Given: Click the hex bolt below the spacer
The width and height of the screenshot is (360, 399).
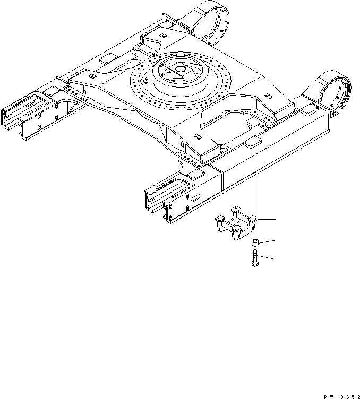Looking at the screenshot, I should click(254, 260).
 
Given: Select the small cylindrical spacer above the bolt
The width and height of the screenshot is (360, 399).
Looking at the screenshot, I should click(254, 243).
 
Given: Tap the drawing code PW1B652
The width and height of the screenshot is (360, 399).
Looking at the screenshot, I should click(338, 392).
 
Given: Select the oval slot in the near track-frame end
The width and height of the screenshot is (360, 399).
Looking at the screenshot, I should click(193, 197).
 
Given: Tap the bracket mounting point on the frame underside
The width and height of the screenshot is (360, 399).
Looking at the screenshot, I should click(255, 173).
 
